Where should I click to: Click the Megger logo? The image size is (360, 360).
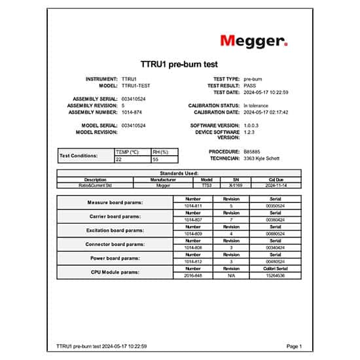coord(253,41)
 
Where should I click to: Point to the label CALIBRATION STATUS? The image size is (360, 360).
coord(214,105)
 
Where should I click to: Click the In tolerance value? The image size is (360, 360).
coord(256,105)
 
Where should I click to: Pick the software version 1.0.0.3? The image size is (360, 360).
coord(253,125)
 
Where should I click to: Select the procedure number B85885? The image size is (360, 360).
coord(251,151)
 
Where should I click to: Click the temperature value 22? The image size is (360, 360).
coord(118,159)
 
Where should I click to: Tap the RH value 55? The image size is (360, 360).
coord(155,159)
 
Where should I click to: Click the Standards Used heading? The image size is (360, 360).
coord(179,173)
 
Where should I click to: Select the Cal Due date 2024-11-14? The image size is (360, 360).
coord(275,185)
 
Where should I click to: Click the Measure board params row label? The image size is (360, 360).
coord(115,202)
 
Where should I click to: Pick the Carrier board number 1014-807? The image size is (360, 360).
coord(193,220)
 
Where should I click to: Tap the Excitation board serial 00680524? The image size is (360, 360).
coord(275,234)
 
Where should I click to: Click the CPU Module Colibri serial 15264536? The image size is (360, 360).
coord(275,276)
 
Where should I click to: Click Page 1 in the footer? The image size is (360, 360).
coord(294,346)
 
